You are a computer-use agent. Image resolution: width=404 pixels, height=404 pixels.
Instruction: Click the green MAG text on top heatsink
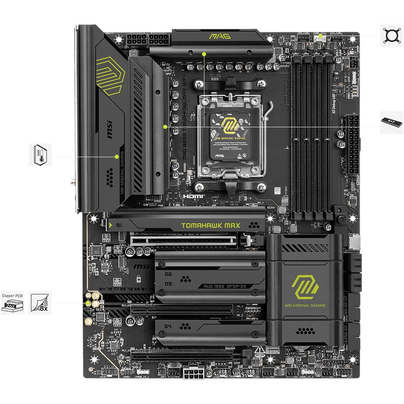click(217, 36)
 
